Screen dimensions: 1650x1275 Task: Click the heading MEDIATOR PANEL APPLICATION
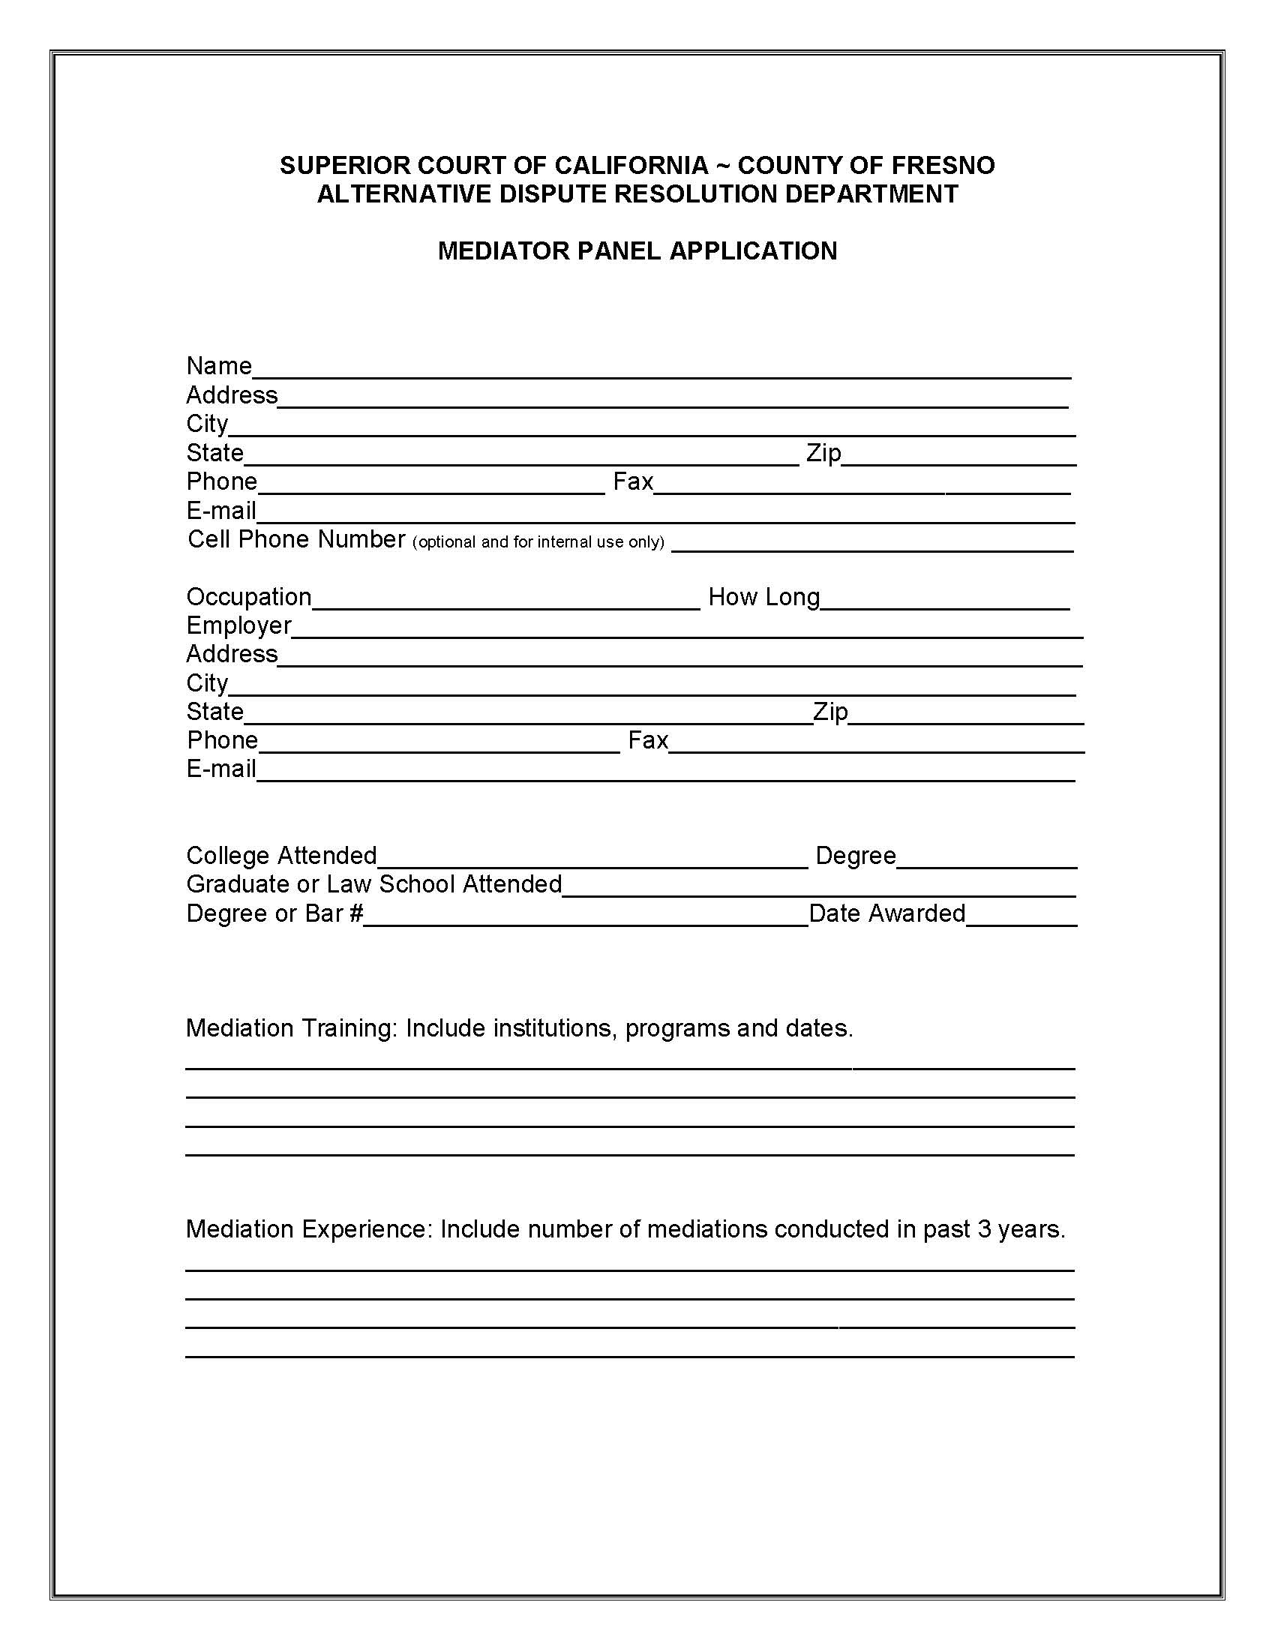tap(637, 250)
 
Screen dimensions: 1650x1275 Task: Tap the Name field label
tap(219, 367)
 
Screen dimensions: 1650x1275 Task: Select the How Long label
tap(763, 598)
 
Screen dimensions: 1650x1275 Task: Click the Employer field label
tap(238, 626)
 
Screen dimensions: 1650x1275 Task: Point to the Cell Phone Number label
tap(296, 539)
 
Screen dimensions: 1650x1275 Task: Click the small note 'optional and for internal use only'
tap(538, 542)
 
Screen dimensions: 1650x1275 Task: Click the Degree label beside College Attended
tap(856, 856)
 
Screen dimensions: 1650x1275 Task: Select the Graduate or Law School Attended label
tap(374, 885)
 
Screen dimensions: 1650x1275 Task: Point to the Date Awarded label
tap(886, 914)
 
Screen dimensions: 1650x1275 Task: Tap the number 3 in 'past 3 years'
tap(983, 1229)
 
